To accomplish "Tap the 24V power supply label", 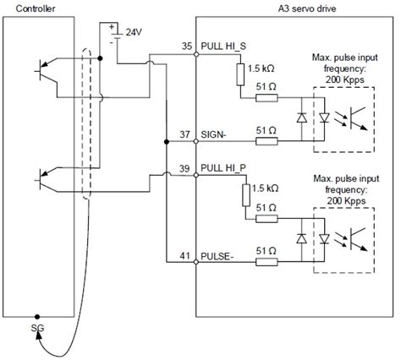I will (x=133, y=31).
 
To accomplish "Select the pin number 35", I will (x=187, y=43).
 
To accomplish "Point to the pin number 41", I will (x=187, y=254).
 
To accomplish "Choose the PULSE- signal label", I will (x=217, y=254).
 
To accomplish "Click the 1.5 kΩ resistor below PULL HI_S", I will (x=242, y=74).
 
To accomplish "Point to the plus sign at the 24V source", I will (x=110, y=26).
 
